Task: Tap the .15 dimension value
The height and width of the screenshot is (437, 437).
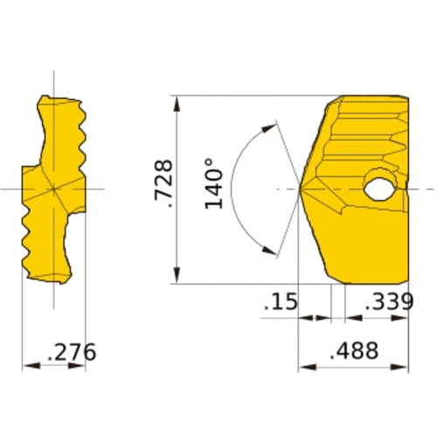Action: click(x=280, y=302)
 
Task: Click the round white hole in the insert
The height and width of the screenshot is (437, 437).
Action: click(x=380, y=187)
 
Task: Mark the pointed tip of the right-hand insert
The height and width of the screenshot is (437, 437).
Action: click(x=301, y=189)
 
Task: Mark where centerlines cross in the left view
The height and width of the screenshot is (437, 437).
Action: click(x=53, y=188)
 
